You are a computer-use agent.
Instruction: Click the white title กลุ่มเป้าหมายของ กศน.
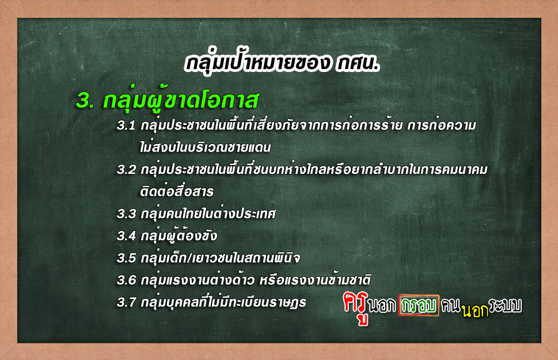coord(282,63)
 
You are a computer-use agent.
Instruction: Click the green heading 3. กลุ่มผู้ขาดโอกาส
coord(167,100)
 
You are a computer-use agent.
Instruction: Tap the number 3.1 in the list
coord(126,126)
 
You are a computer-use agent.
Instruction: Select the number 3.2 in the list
coord(126,169)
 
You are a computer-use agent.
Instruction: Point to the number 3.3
coord(126,214)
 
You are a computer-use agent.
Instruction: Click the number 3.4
coord(126,236)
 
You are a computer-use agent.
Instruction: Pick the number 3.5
coord(126,258)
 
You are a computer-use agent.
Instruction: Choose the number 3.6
coord(126,281)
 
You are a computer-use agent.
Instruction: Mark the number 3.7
coord(126,302)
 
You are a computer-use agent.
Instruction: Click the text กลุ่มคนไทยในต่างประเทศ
coord(208,213)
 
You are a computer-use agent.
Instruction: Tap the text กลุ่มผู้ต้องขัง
coord(179,236)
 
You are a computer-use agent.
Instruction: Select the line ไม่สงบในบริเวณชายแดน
coord(206,146)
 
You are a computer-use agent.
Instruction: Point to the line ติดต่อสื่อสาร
coord(177,191)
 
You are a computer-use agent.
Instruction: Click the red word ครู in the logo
coord(356,307)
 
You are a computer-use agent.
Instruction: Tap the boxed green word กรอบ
coord(419,305)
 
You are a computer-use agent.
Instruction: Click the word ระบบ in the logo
coord(505,305)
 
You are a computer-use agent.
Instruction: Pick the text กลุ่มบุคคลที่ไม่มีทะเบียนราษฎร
coord(223,302)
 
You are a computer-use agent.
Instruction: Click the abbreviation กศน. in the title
coord(358,63)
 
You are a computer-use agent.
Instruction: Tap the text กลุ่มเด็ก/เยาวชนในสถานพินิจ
coord(221,257)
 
